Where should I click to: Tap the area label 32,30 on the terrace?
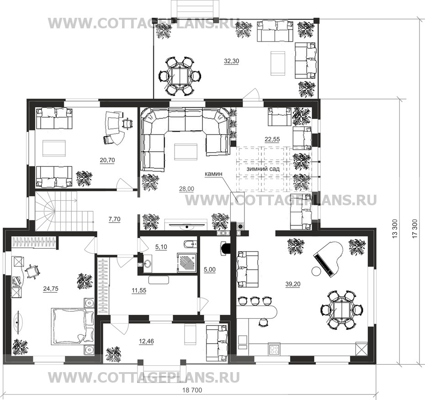point(232,61)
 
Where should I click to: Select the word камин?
point(213,174)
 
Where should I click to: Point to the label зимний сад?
point(263,169)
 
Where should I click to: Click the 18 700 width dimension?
point(192,390)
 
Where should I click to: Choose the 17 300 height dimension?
point(414,229)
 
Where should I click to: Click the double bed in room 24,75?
point(72,326)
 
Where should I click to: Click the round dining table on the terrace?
point(179,75)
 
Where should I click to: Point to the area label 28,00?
point(186,189)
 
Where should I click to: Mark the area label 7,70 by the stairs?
point(114,219)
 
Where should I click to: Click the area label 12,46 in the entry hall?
point(146,341)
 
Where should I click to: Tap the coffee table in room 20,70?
point(54,148)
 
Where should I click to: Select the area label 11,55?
point(139,290)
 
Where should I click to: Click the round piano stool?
point(316,271)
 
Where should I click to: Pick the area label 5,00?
point(209,269)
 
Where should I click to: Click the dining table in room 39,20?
point(341,310)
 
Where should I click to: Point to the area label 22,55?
point(272,139)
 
